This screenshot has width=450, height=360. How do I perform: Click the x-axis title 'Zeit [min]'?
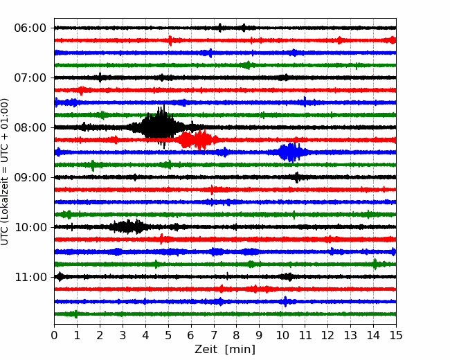tap(225, 350)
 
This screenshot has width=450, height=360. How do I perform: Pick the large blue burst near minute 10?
tap(291, 152)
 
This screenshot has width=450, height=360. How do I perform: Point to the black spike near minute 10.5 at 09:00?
tap(296, 177)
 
